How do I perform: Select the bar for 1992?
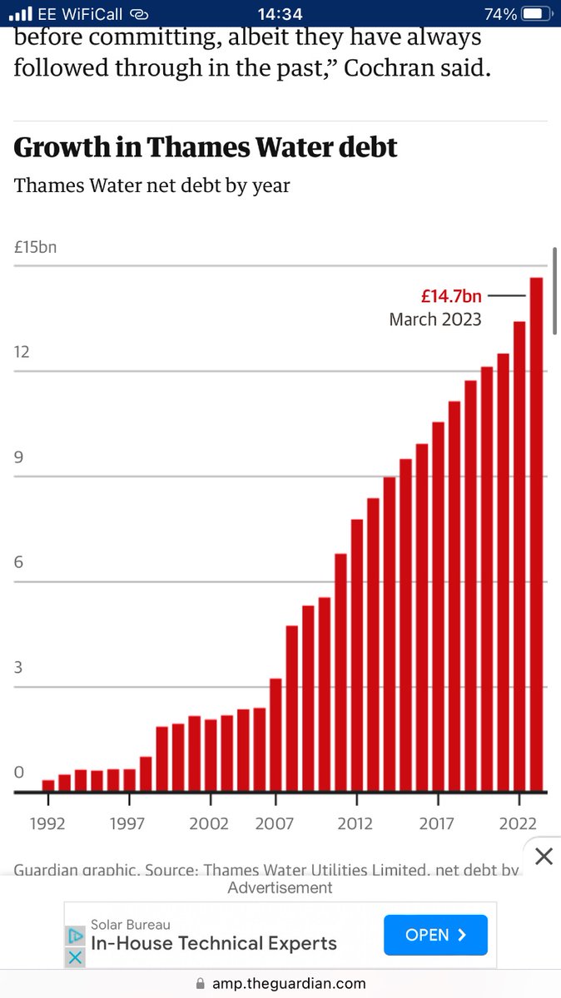(48, 785)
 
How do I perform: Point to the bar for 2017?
(438, 606)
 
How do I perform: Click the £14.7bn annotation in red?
(451, 296)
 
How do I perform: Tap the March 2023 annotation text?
(435, 319)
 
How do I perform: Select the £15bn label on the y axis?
(35, 247)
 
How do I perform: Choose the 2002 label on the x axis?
(210, 823)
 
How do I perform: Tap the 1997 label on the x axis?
(129, 823)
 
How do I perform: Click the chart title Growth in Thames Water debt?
(206, 147)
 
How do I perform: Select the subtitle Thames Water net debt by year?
(151, 185)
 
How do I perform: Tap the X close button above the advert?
(543, 856)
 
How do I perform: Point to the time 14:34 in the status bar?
(280, 14)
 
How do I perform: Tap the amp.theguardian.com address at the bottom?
(288, 983)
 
